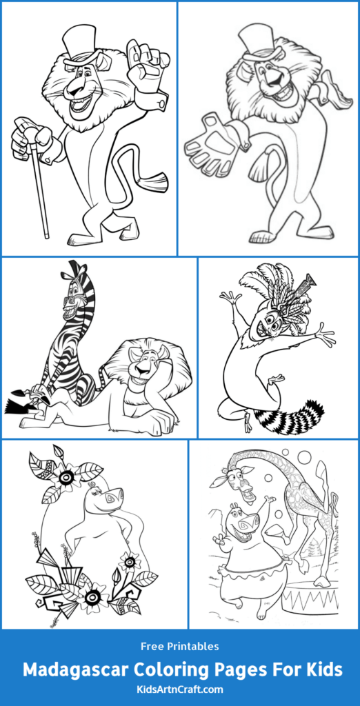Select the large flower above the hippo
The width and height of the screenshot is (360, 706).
tap(68, 476)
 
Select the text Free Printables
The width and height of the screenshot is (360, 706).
tap(180, 646)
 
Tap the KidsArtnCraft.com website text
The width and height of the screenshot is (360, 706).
tap(180, 689)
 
